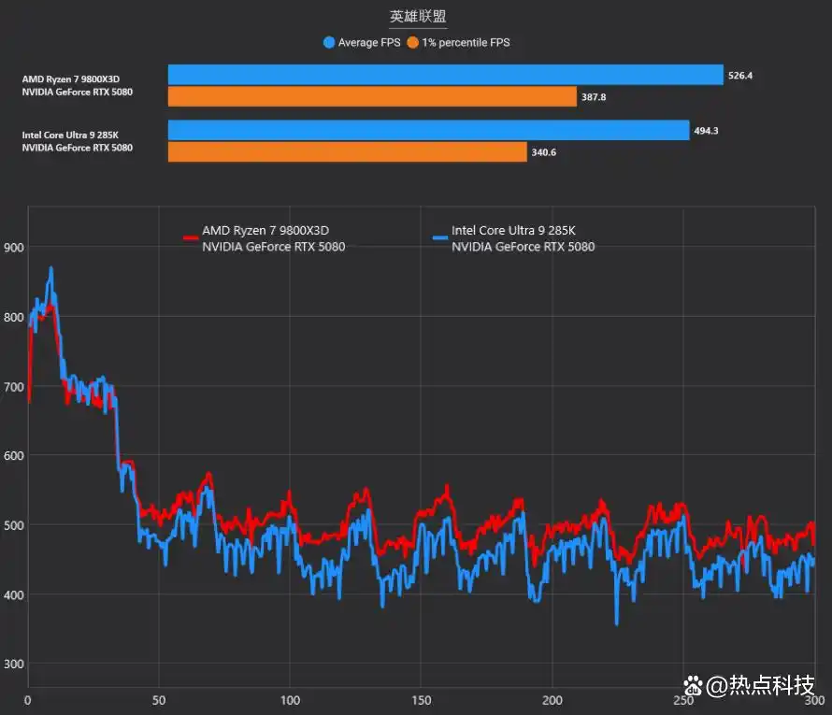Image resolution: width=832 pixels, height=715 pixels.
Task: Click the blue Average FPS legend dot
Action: tap(328, 42)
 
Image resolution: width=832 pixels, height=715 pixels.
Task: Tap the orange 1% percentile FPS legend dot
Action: tap(413, 42)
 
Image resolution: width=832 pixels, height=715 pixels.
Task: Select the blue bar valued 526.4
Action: tap(445, 75)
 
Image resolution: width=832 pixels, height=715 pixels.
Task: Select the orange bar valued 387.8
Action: tap(372, 96)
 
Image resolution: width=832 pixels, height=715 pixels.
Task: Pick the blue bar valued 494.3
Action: tap(428, 130)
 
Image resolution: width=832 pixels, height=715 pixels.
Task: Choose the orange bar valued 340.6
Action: tap(348, 151)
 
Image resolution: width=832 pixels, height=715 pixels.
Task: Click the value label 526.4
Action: tap(739, 76)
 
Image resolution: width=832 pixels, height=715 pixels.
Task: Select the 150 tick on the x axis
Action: tap(422, 700)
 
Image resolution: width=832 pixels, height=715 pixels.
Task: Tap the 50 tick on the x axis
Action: tap(159, 700)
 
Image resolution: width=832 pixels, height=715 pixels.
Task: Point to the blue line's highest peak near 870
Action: tap(51, 268)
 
